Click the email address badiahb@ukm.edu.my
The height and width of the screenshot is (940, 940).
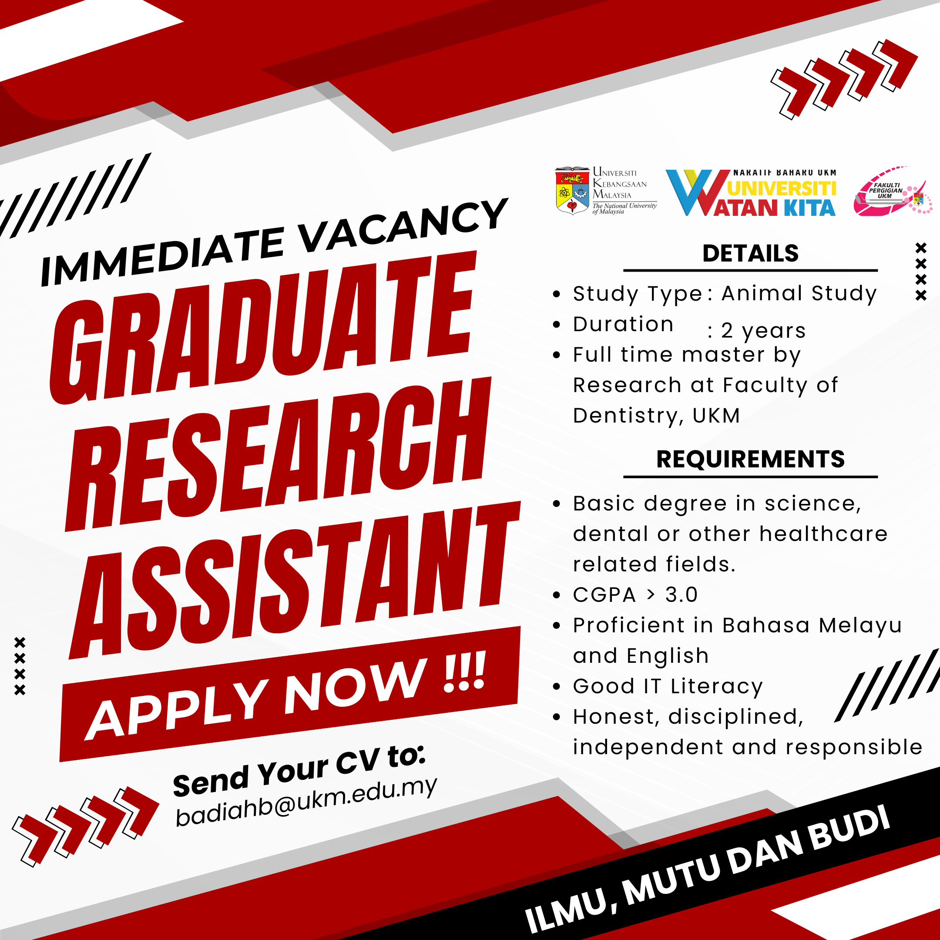306,801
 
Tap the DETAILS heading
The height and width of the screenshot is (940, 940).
750,253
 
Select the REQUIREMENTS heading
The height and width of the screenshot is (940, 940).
750,459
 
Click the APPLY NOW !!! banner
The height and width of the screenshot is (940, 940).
290,694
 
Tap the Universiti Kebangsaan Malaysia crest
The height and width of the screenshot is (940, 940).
572,191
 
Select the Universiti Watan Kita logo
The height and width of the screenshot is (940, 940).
751,192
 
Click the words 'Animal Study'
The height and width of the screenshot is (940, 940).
799,294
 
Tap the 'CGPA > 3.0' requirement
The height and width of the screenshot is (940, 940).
635,595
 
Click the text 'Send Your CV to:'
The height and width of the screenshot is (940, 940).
299,770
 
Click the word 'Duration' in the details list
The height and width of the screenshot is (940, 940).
623,325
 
